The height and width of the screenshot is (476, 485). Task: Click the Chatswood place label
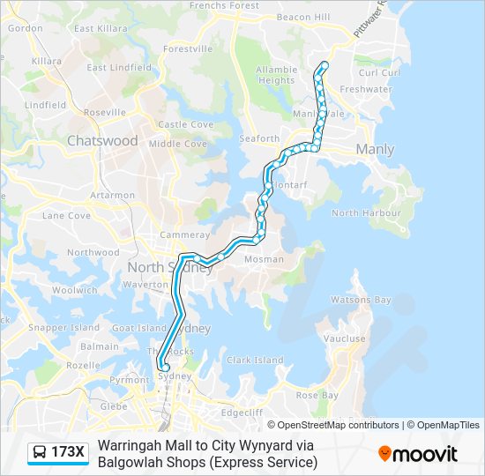(x=102, y=141)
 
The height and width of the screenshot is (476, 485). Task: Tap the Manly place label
(x=375, y=150)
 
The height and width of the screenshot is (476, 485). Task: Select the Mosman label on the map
(x=265, y=259)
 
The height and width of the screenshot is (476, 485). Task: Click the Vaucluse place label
(x=344, y=338)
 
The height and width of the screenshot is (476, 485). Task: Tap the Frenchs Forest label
(x=224, y=5)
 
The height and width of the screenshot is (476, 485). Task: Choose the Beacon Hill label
(x=302, y=17)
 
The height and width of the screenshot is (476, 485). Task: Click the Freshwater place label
(x=366, y=89)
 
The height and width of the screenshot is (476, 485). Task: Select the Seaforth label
(x=259, y=138)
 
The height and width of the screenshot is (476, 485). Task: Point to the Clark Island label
(x=256, y=360)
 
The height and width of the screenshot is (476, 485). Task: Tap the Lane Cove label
(x=66, y=215)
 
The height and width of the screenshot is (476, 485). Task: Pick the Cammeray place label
(x=184, y=235)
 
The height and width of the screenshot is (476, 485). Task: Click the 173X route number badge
(x=68, y=453)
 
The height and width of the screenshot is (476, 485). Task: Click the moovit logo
(x=418, y=454)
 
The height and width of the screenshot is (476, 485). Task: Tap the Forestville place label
(x=188, y=48)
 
